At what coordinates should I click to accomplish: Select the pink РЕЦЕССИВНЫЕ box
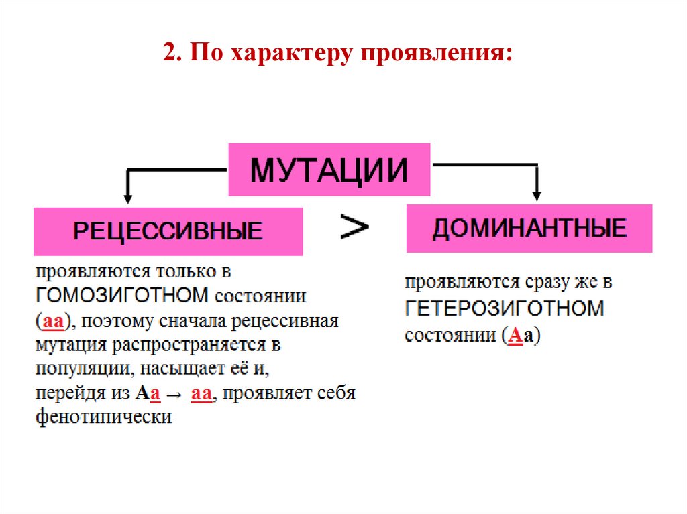(x=168, y=232)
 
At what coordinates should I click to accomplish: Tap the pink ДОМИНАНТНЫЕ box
(x=529, y=229)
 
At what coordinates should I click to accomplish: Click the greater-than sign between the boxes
(x=354, y=227)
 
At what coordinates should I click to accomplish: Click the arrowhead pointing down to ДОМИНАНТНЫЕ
(x=536, y=194)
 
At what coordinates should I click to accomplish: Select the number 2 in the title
(x=169, y=53)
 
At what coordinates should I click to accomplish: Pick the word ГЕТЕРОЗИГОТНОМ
(x=505, y=309)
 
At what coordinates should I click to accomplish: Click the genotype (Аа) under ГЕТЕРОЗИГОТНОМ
(x=521, y=334)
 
